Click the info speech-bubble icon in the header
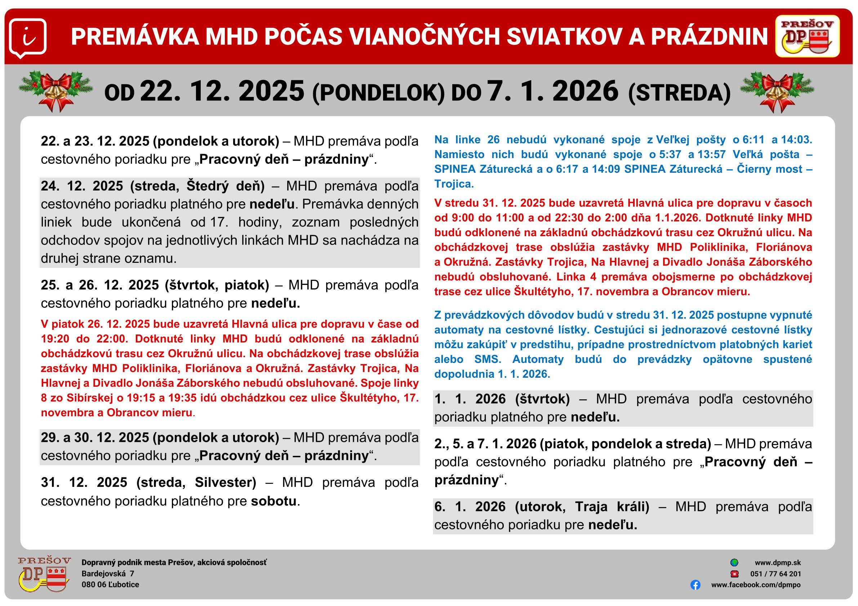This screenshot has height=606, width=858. (x=28, y=38)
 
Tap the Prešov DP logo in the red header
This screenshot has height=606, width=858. (x=807, y=36)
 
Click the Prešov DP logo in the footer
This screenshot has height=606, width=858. (x=44, y=574)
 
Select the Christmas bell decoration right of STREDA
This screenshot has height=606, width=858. (x=777, y=92)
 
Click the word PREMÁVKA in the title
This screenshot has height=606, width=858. (x=134, y=37)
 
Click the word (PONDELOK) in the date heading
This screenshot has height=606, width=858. (x=378, y=93)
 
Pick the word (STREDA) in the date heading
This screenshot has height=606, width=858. (x=679, y=93)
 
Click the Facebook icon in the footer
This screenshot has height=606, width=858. (x=695, y=585)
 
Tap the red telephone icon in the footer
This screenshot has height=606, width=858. (x=734, y=574)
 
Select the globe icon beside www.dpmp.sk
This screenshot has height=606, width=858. (x=734, y=562)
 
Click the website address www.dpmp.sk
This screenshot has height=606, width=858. (x=778, y=563)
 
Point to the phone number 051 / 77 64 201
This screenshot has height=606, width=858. (x=775, y=574)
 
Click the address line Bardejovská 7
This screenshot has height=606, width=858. (x=108, y=574)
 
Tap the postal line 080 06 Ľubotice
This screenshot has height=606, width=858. (x=110, y=585)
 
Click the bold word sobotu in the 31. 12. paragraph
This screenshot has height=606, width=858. (x=274, y=501)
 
